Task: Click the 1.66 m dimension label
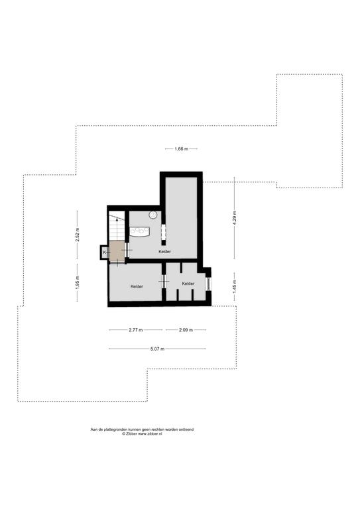click(181, 149)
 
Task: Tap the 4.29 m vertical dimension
click(235, 218)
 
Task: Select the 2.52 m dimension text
click(77, 235)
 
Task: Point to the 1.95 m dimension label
click(77, 282)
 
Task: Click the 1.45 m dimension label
click(235, 286)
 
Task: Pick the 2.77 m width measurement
click(136, 330)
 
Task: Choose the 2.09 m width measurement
click(186, 330)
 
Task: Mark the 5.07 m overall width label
click(157, 349)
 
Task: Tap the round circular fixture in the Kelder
click(153, 215)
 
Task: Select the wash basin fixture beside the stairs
click(140, 231)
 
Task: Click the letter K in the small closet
click(104, 253)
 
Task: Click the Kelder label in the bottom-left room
click(137, 286)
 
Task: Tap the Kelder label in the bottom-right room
click(188, 284)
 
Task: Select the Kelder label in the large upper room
click(164, 252)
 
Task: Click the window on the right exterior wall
click(208, 284)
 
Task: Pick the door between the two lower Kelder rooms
click(164, 281)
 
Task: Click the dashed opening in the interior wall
click(163, 232)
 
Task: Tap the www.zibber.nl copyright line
click(142, 433)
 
